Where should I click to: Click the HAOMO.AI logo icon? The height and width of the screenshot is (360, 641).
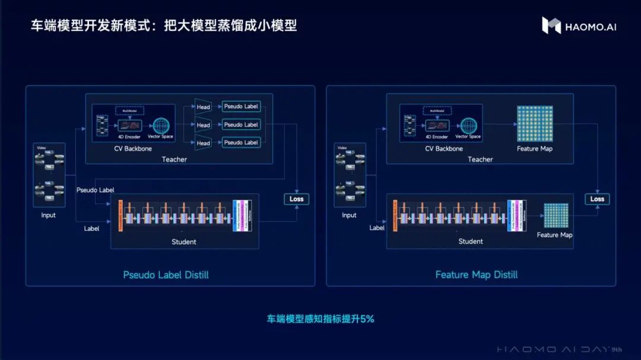click(551, 25)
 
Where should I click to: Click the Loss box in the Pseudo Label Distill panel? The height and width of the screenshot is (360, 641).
click(296, 199)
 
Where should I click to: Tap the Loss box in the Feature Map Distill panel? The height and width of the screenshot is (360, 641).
click(597, 199)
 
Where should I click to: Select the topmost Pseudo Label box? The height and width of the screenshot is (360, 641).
click(240, 107)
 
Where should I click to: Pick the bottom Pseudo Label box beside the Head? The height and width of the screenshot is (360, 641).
click(240, 142)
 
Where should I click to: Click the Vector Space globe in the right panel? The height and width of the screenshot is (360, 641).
click(468, 126)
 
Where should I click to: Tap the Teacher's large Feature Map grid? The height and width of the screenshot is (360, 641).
click(534, 124)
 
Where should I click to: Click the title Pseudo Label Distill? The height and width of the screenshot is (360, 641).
click(166, 275)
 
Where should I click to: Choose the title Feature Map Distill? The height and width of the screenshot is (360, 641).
click(476, 275)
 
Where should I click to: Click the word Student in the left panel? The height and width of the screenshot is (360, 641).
click(184, 241)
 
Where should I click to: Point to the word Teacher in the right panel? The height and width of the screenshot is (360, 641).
click(480, 159)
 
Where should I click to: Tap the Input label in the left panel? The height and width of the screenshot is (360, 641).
click(48, 215)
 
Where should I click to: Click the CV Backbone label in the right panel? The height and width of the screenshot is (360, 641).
click(443, 148)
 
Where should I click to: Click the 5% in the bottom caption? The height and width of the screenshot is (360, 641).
click(367, 318)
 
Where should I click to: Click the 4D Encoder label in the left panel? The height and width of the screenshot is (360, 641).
click(129, 137)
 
